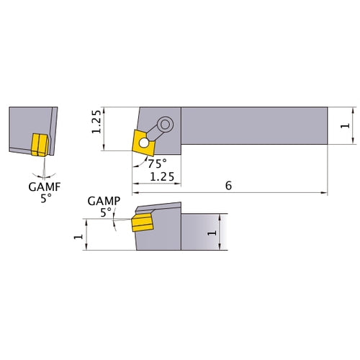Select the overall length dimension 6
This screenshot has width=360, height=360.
click(228, 185)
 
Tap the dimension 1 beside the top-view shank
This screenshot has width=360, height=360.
click(346, 126)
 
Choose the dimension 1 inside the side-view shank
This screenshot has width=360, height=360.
click(212, 233)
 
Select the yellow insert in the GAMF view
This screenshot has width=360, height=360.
click(38, 143)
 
